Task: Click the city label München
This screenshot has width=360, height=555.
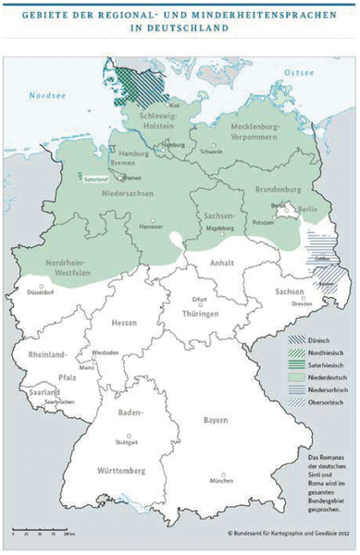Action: pyautogui.click(x=221, y=482)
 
